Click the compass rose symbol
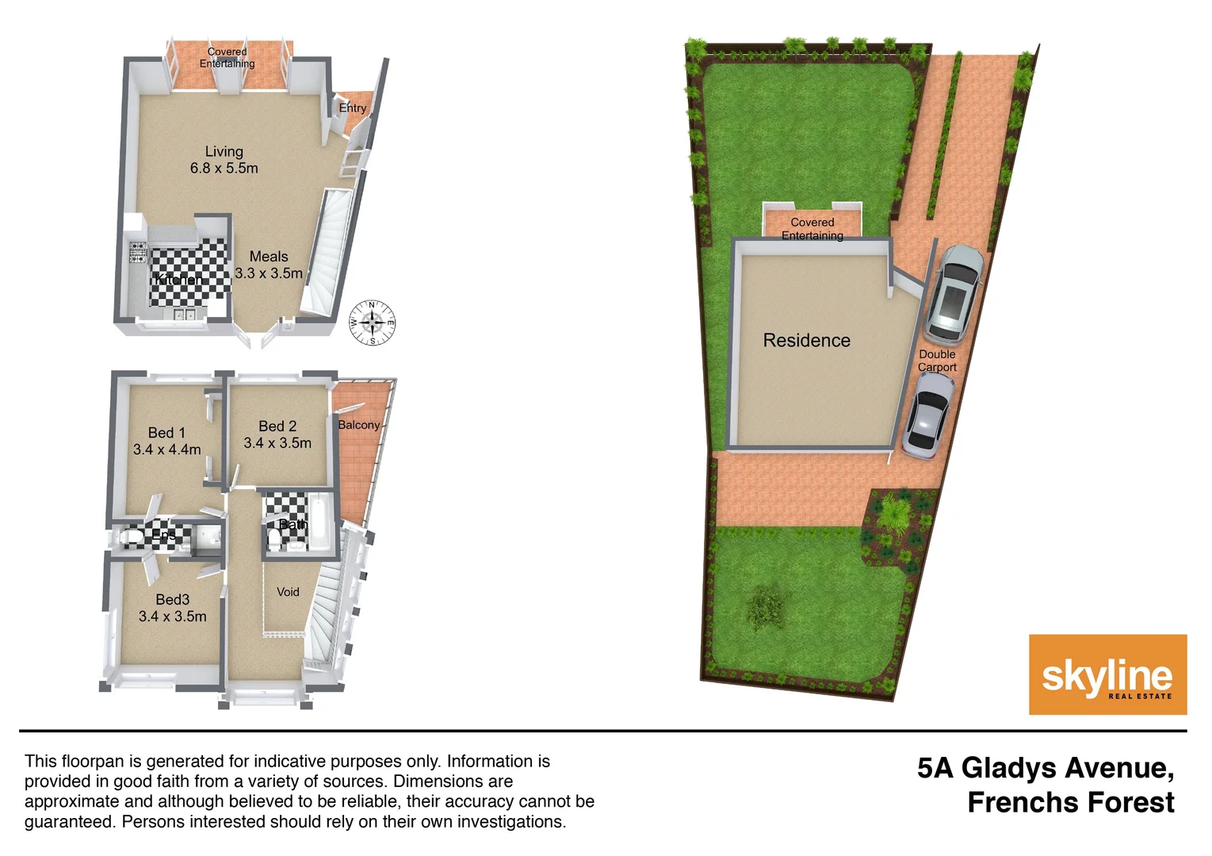point(373,323)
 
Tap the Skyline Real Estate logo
point(1107,674)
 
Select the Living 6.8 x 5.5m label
point(224,159)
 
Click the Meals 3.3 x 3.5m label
point(269,265)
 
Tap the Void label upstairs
point(288,592)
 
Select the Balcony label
point(359,425)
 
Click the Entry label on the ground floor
point(353,108)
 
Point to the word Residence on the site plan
point(806,341)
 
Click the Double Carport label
point(937,361)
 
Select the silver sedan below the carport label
point(928,416)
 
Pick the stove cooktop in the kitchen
point(138,252)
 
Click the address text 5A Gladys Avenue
point(1046,768)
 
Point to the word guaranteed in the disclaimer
point(69,822)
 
